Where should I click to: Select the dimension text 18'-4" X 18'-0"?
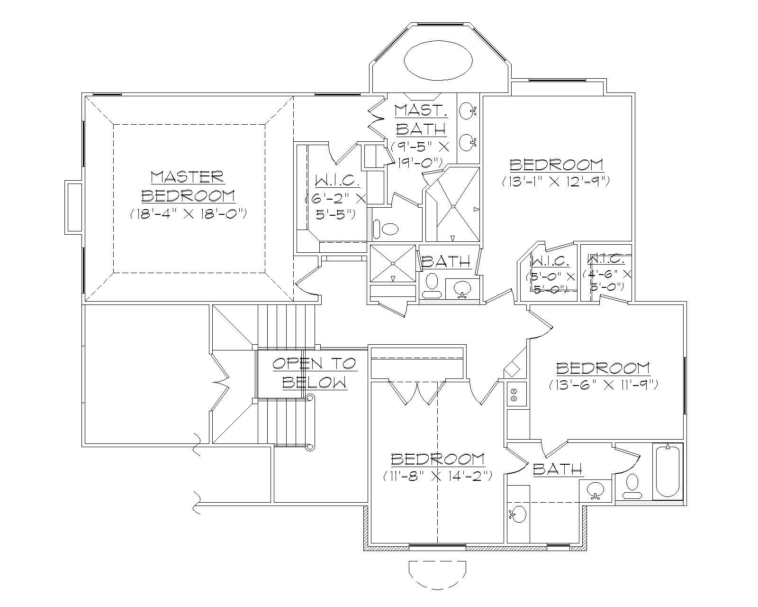[188, 214]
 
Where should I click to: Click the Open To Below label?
[314, 372]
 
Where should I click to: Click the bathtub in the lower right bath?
[667, 471]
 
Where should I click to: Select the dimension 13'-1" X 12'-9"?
[555, 181]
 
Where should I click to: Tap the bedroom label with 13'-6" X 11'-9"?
[603, 368]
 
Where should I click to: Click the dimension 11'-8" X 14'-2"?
[437, 476]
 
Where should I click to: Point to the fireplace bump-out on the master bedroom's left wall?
[74, 207]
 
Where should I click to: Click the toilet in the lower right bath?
[632, 485]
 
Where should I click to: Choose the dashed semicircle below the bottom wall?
[437, 574]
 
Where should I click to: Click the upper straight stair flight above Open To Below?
[286, 327]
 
